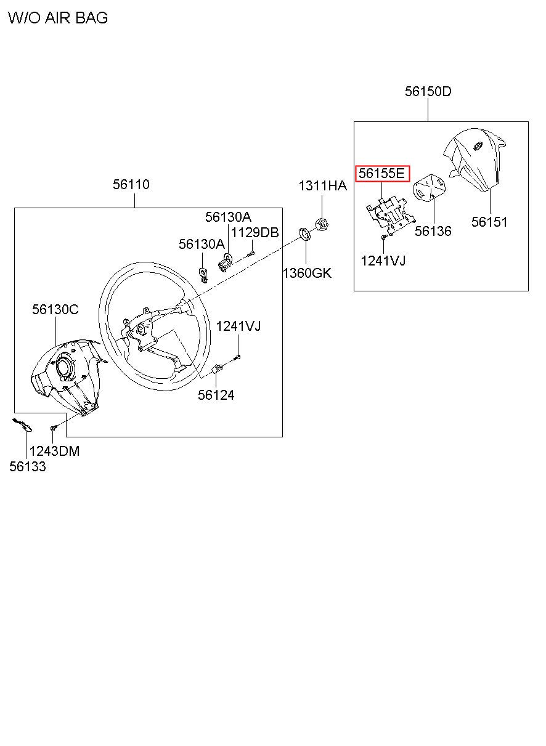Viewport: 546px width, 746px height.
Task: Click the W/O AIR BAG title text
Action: [58, 18]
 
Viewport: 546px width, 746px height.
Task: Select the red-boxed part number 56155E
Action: [382, 174]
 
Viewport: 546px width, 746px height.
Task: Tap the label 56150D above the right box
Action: [428, 92]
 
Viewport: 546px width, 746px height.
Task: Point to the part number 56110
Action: [131, 184]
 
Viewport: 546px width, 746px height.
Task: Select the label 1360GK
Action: [307, 273]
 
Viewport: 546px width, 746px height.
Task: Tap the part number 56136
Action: [433, 232]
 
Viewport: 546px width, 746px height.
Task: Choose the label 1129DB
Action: [255, 232]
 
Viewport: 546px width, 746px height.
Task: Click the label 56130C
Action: [55, 310]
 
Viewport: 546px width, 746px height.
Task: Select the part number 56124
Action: [216, 395]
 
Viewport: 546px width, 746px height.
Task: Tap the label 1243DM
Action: [55, 451]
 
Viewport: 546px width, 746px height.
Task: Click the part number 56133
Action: [27, 467]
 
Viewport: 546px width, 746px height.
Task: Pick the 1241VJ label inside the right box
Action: [383, 261]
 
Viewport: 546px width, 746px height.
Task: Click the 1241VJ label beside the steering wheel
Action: [238, 326]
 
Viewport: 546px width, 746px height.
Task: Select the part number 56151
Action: [489, 222]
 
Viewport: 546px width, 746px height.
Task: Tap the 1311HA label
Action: [323, 185]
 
